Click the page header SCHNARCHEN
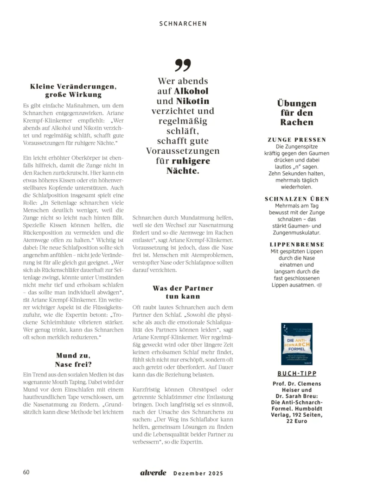(x=183, y=23)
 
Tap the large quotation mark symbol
(x=183, y=66)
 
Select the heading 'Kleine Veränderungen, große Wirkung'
(x=73, y=90)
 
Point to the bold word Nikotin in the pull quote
(x=192, y=101)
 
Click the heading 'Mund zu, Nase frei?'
(x=73, y=359)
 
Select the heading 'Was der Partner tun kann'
(x=183, y=292)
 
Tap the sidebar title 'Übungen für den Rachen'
(x=297, y=113)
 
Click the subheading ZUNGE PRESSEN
(x=297, y=139)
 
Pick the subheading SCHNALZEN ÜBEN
(x=297, y=199)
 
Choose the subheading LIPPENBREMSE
(x=297, y=244)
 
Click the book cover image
(x=297, y=344)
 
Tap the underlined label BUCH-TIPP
(x=297, y=373)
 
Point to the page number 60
(x=26, y=472)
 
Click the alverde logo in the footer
(x=153, y=473)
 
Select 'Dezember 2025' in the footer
(x=198, y=473)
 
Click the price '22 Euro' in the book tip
(x=297, y=420)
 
